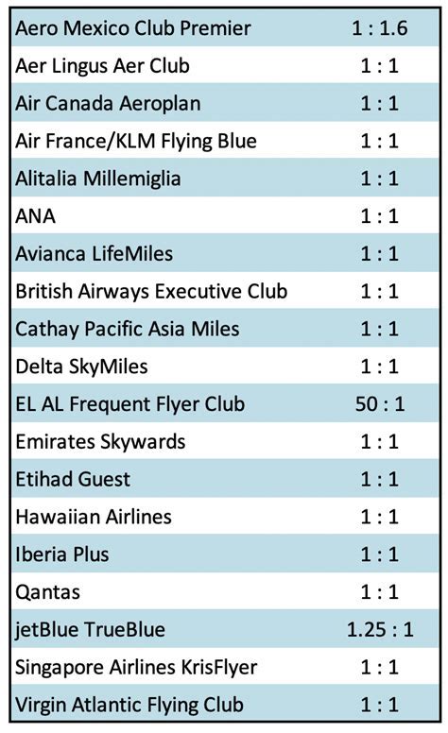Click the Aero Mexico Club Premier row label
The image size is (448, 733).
click(x=133, y=28)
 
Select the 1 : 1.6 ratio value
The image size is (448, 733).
click(x=379, y=28)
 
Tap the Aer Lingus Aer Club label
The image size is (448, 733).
click(x=102, y=66)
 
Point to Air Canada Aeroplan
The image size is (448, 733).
click(x=109, y=104)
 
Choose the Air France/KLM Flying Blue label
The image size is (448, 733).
click(x=136, y=142)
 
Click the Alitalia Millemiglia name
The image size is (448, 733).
click(x=98, y=179)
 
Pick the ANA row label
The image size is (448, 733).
click(x=36, y=216)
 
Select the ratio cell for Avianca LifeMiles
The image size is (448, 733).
click(x=379, y=254)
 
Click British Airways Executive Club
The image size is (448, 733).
click(x=151, y=291)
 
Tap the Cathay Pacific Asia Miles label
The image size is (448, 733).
click(x=128, y=329)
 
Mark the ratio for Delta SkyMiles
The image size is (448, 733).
click(x=379, y=366)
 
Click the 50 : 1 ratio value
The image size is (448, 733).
click(x=379, y=404)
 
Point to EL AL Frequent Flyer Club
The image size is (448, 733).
click(x=130, y=404)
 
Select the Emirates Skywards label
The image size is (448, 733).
click(x=100, y=441)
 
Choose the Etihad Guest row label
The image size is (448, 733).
click(x=73, y=479)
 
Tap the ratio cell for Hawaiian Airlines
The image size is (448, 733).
click(x=379, y=517)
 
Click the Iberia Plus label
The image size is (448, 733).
click(x=62, y=554)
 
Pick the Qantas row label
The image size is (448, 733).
click(x=48, y=592)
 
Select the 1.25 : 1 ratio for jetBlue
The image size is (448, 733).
click(x=379, y=629)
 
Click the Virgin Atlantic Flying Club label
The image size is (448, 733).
click(x=129, y=705)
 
